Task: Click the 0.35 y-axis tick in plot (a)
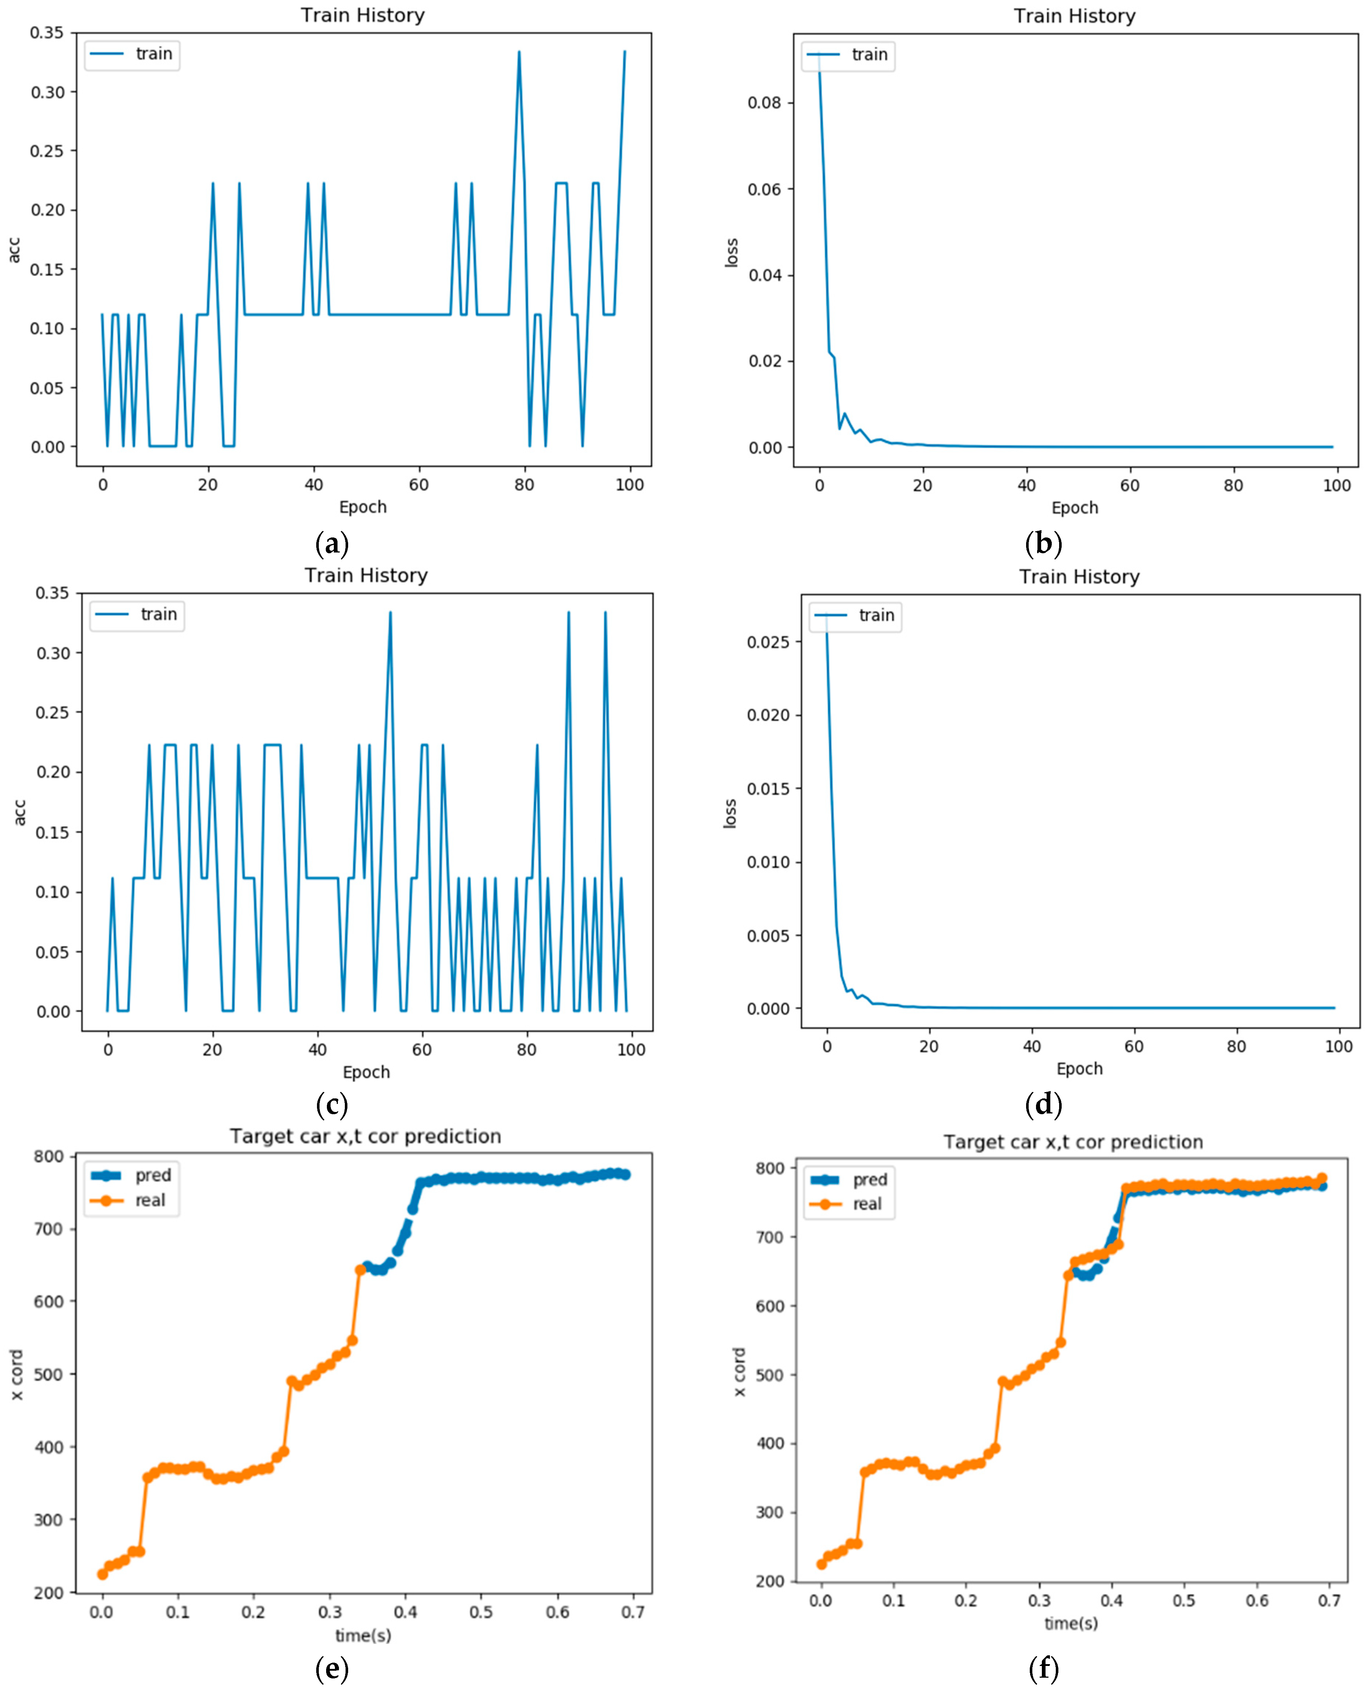[x=47, y=33]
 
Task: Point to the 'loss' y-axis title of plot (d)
[x=730, y=813]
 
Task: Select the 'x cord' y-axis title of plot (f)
[x=739, y=1372]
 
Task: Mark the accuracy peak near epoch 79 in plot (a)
[x=518, y=52]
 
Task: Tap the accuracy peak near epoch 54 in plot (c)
[x=390, y=612]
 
